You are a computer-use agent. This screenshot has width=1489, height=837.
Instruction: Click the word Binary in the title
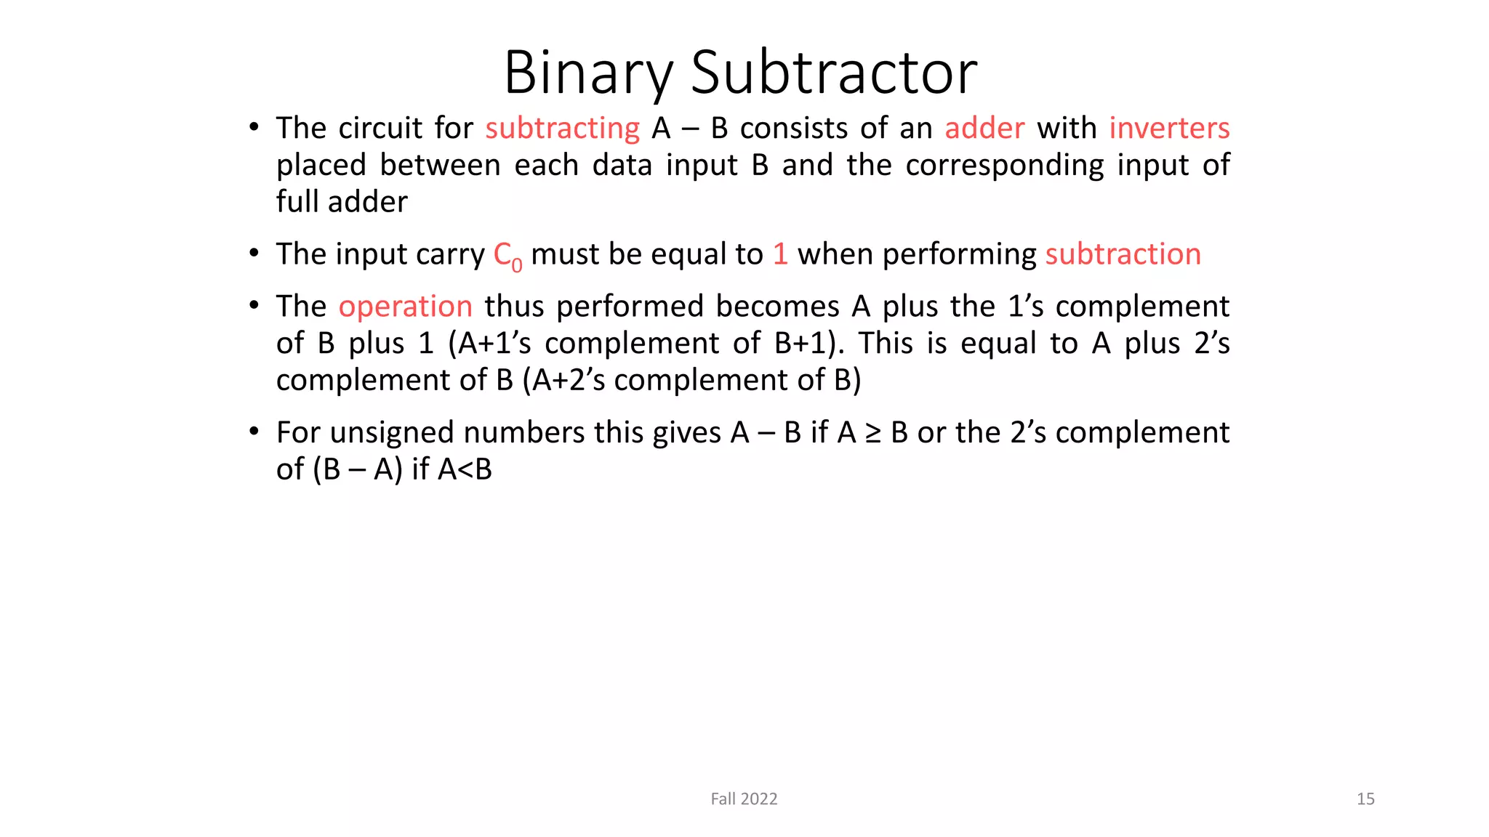click(588, 73)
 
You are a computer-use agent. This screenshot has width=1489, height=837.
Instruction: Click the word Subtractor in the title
click(833, 73)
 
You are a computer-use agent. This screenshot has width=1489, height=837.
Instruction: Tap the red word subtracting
click(562, 129)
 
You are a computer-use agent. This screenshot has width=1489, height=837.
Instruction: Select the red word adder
click(984, 129)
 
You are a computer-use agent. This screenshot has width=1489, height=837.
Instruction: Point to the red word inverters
click(1169, 129)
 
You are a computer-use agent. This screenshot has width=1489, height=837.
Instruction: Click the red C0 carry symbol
click(507, 256)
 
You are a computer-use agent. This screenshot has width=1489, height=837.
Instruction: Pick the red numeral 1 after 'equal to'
click(780, 254)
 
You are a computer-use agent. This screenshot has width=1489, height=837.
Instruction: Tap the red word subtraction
click(1123, 254)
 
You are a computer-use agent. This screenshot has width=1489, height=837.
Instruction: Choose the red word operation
click(406, 307)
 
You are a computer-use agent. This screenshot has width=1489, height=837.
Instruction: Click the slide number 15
click(1365, 799)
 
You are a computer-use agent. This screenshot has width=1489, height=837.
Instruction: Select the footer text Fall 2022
click(744, 799)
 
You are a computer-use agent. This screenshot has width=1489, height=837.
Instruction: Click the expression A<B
click(465, 469)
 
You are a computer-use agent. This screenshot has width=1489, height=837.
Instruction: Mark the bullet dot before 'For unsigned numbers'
click(254, 432)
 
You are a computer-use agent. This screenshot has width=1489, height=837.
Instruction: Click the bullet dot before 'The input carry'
click(254, 254)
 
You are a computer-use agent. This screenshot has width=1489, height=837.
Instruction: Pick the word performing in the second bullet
click(959, 255)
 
